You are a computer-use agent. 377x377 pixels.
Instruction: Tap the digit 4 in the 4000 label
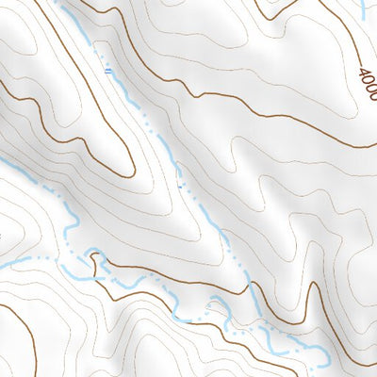click(363, 72)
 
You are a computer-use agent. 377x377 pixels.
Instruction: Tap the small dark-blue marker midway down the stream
click(179, 185)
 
